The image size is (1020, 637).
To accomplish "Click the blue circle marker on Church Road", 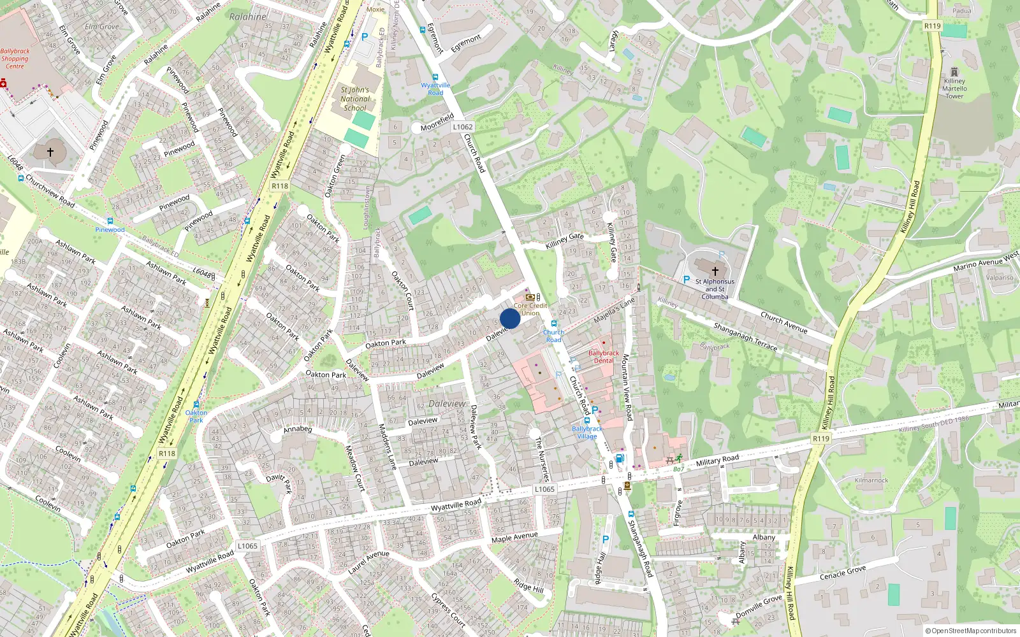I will [x=510, y=318].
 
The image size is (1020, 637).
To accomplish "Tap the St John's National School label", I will [x=355, y=99].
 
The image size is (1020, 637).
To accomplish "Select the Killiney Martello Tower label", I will [x=954, y=89].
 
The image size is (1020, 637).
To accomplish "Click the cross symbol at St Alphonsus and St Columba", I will [x=715, y=271].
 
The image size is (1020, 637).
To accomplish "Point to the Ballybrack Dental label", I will [x=603, y=357].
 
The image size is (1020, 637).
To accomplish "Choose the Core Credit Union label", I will [x=530, y=309].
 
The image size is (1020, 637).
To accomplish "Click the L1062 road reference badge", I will [x=463, y=127].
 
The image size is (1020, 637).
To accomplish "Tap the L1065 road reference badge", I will [x=544, y=489].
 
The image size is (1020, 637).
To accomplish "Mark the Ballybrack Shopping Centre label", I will [x=15, y=59].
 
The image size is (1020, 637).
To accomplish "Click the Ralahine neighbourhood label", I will [x=247, y=17].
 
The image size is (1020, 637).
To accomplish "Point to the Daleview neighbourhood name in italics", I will [x=447, y=404].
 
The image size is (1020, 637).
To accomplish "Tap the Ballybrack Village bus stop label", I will [x=587, y=433].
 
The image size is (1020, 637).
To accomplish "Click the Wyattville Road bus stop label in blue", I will [x=435, y=89].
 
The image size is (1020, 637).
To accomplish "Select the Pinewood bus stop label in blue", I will [x=110, y=230].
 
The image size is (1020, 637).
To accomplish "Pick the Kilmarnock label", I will [x=871, y=480].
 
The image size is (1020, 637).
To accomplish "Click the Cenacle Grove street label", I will [x=842, y=573].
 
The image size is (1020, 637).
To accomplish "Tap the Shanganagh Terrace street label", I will [x=745, y=336].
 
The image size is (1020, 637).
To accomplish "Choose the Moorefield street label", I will [x=437, y=122].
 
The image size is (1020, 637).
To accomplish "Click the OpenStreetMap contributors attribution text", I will [x=971, y=631].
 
